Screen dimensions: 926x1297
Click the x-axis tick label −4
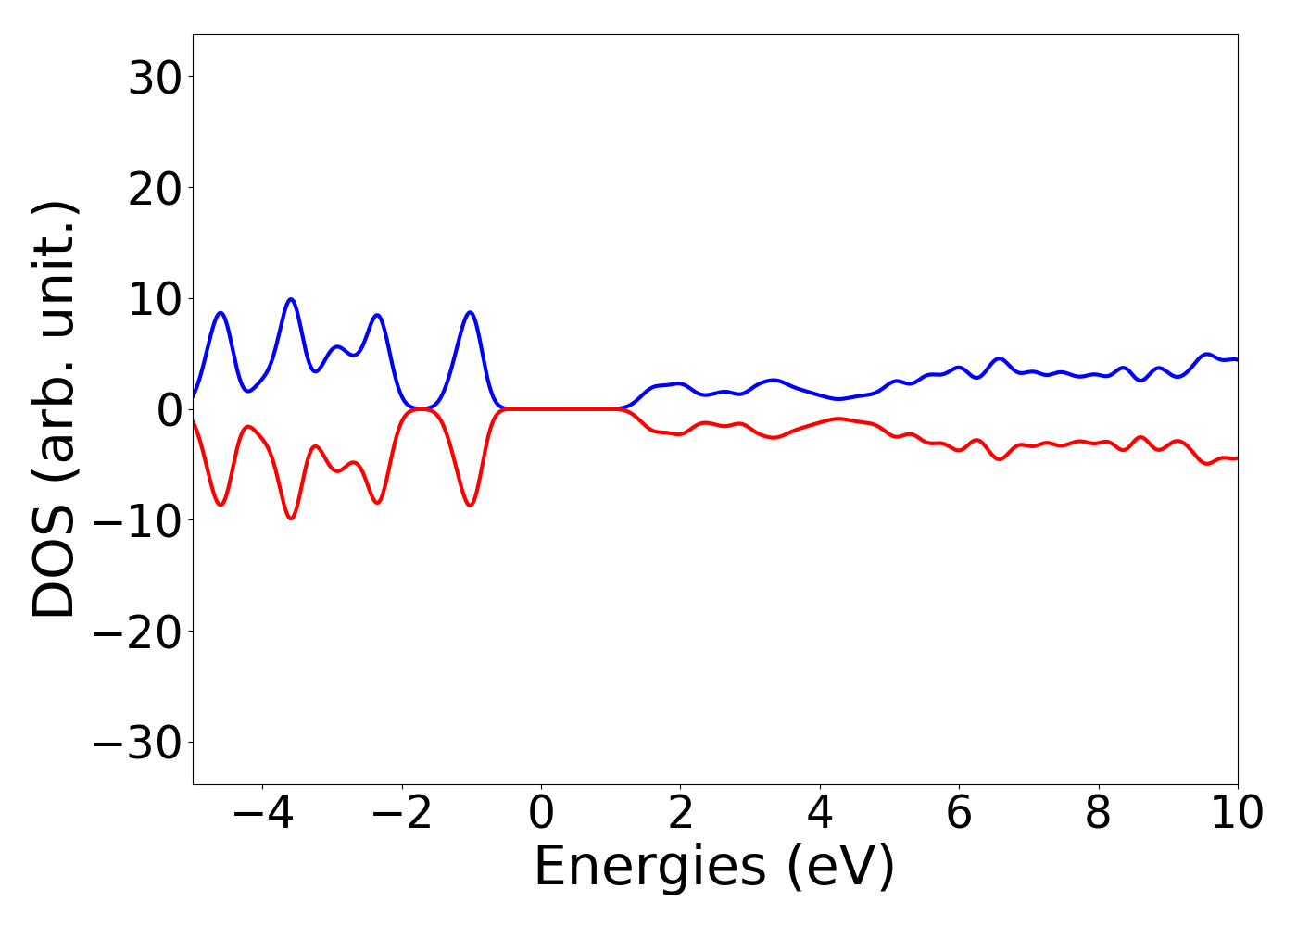[x=262, y=813]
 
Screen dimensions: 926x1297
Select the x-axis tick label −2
[x=401, y=813]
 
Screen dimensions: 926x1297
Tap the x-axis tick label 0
[x=541, y=813]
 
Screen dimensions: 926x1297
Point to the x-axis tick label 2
[x=680, y=813]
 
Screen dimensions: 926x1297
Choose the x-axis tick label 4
[x=820, y=813]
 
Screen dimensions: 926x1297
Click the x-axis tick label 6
[x=959, y=813]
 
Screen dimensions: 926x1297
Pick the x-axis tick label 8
[x=1098, y=813]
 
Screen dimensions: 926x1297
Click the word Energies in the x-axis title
[x=649, y=868]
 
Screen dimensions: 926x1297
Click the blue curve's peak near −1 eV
[x=471, y=312]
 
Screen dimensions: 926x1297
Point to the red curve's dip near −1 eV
[x=471, y=506]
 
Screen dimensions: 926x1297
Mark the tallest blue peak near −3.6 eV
[x=291, y=299]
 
